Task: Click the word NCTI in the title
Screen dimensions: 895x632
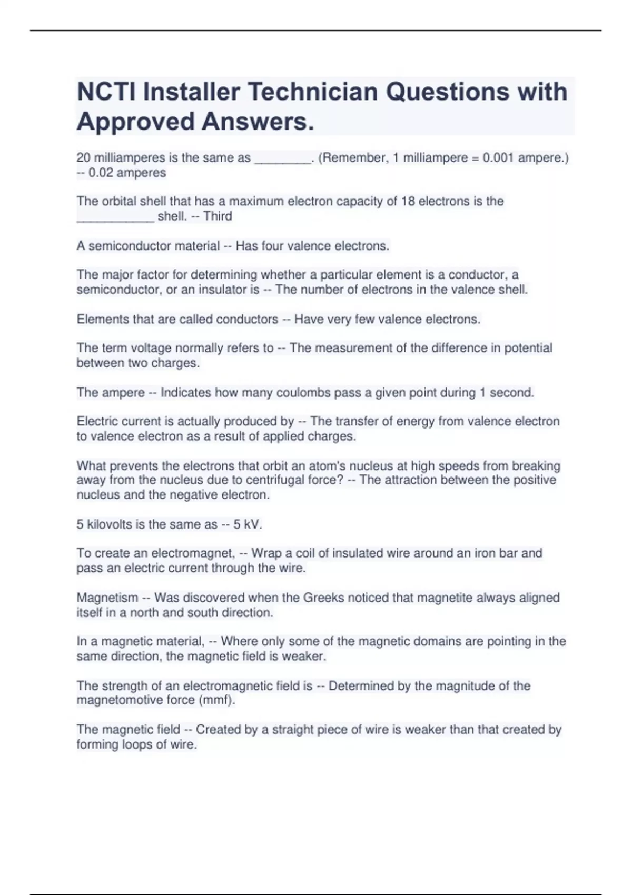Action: (x=106, y=92)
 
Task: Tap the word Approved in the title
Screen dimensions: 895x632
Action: (x=135, y=122)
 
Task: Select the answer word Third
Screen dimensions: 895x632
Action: (x=218, y=216)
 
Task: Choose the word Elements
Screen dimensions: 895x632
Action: (x=100, y=319)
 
